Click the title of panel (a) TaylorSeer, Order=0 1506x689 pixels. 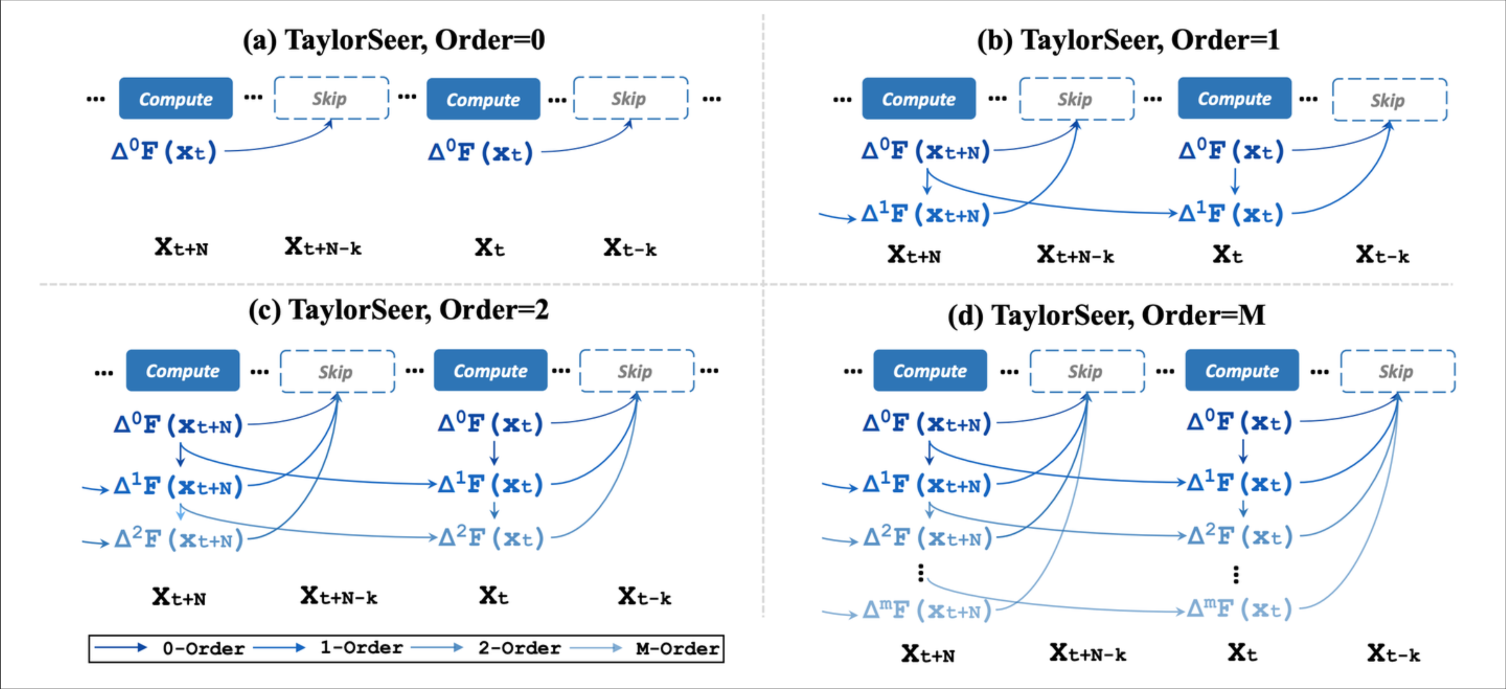394,40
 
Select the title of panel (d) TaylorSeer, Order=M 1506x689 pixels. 1106,315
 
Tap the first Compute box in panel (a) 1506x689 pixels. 175,99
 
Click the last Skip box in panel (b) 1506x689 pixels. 1389,100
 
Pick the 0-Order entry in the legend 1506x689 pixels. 202,648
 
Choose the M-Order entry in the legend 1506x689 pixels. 676,648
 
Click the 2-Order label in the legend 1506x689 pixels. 519,648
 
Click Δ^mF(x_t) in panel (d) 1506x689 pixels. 1240,609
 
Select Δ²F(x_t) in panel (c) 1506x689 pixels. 491,537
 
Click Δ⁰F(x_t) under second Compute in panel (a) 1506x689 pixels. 481,153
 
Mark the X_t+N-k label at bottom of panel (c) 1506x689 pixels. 339,596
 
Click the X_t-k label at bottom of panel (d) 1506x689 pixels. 1394,653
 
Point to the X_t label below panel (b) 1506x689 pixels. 1227,255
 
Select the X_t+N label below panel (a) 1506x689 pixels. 181,247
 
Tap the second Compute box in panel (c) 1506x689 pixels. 490,371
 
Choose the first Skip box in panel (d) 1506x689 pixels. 1086,371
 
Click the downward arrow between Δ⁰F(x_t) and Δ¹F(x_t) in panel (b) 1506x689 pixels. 1235,181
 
